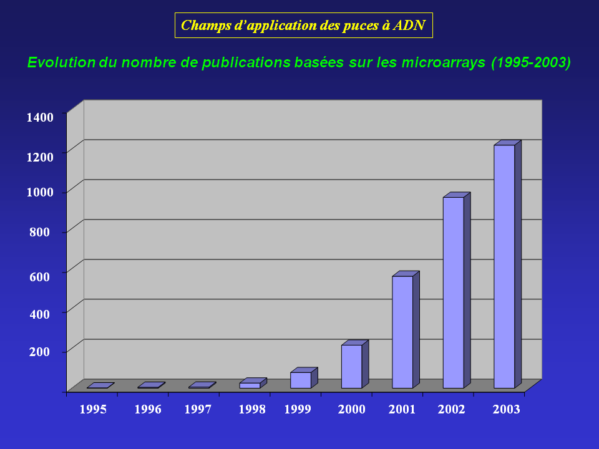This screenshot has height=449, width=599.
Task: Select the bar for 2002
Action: (x=454, y=292)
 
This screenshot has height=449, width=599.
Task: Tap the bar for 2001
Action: (x=402, y=332)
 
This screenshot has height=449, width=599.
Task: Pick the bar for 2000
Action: (x=351, y=366)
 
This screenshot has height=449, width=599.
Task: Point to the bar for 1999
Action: (x=301, y=380)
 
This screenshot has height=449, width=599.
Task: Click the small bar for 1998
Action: (x=250, y=385)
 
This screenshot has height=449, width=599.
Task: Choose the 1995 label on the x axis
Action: (x=92, y=409)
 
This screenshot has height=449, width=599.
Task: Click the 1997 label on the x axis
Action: (x=198, y=409)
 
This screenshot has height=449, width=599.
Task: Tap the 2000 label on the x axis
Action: (x=351, y=409)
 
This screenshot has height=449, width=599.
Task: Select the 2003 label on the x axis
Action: (x=506, y=409)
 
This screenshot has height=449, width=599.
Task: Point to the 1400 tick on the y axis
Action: (x=40, y=116)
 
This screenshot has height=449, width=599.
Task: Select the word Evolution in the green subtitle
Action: (x=61, y=63)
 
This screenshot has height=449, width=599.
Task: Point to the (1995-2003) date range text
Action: (x=530, y=63)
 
